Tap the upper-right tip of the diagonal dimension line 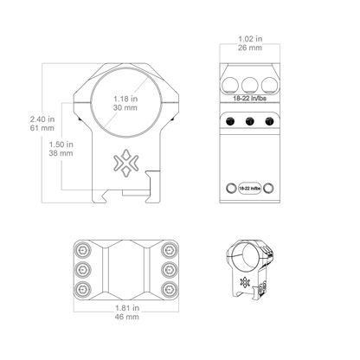pyautogui.click(x=148, y=79)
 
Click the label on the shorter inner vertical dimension pyautogui.click(x=60, y=149)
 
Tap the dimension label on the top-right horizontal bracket pyautogui.click(x=249, y=42)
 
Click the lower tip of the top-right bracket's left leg pyautogui.click(x=220, y=60)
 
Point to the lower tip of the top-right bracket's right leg pyautogui.click(x=280, y=60)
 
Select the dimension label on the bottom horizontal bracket pyautogui.click(x=127, y=312)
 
